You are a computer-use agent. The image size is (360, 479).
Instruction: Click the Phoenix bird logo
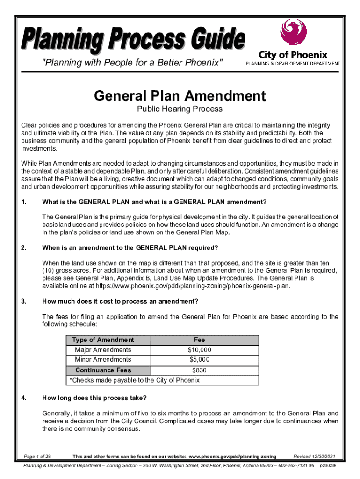click(293, 34)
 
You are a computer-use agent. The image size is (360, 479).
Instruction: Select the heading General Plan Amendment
click(180, 96)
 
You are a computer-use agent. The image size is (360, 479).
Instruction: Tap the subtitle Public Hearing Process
click(180, 109)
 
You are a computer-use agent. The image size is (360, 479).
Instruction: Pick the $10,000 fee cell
click(199, 350)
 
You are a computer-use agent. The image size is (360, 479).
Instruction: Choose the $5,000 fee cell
click(199, 359)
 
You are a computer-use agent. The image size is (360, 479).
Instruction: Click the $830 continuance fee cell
click(199, 370)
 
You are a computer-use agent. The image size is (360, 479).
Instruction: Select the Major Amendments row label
click(103, 350)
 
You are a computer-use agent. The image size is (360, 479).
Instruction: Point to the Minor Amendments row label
click(103, 359)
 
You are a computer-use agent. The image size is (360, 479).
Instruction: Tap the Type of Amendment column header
click(103, 340)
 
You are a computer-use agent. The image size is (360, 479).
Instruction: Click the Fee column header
click(199, 340)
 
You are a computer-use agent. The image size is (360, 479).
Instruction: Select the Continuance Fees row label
click(103, 370)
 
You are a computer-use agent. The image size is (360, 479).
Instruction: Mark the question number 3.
click(23, 301)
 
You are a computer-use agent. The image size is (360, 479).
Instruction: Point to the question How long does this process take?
click(94, 398)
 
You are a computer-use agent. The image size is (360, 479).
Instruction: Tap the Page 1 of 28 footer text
click(37, 457)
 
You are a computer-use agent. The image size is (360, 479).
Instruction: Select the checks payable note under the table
click(134, 380)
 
